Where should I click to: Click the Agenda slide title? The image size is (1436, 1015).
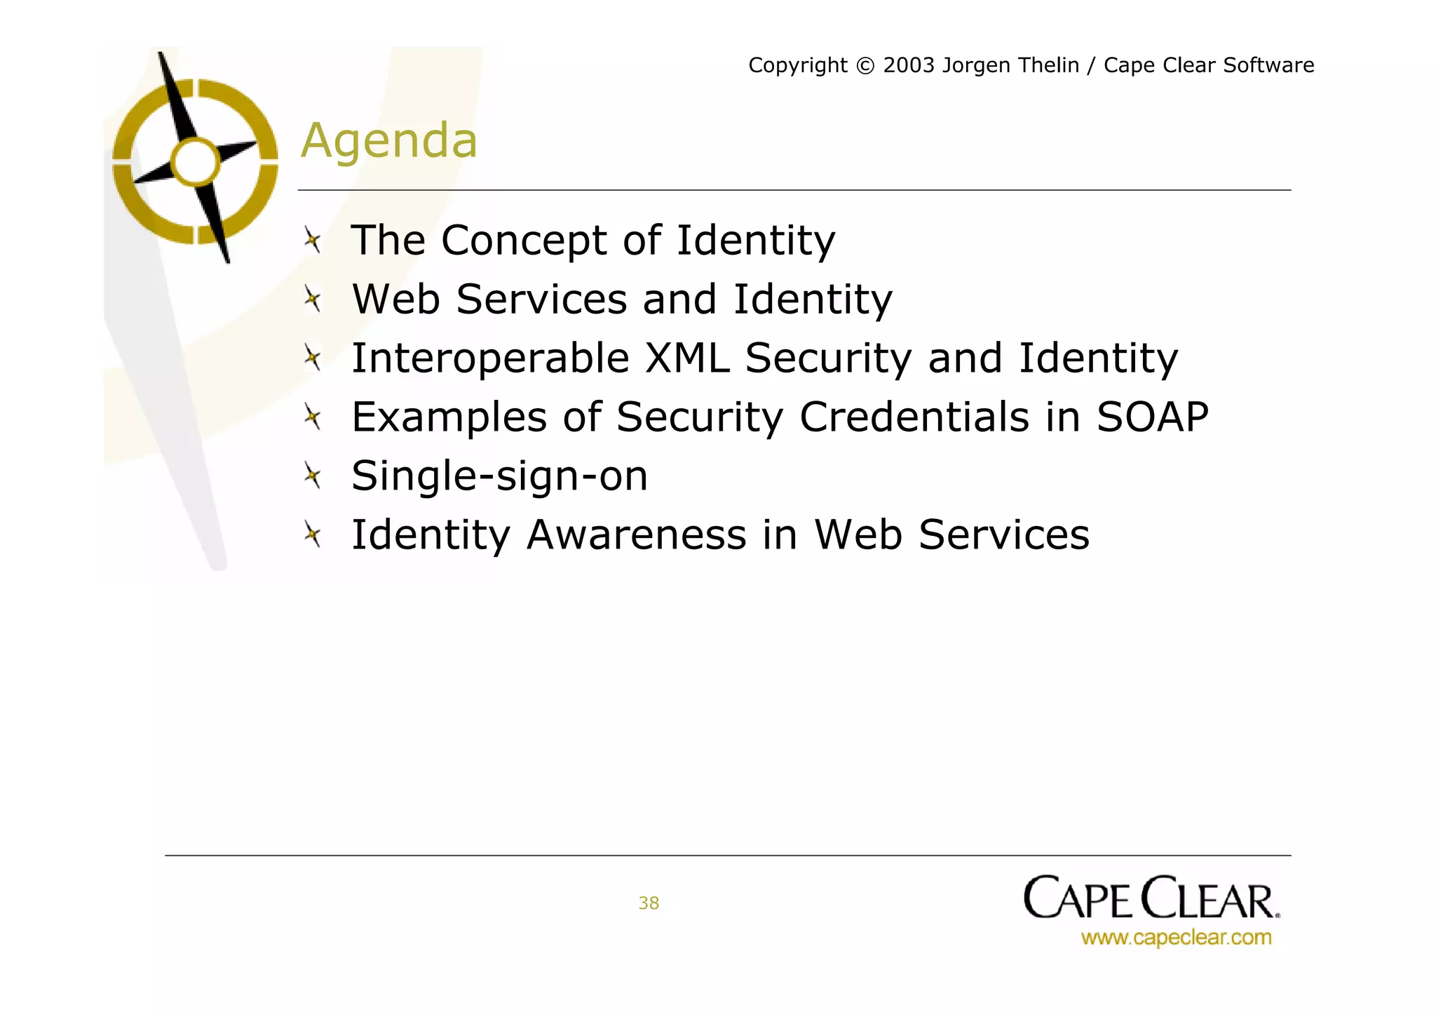click(389, 140)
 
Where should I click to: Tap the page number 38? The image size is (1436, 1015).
click(649, 903)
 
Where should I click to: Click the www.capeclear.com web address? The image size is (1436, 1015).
click(1176, 937)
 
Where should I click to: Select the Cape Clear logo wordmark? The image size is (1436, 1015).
click(1151, 898)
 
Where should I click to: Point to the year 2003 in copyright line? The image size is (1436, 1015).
click(909, 65)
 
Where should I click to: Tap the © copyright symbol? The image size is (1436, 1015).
click(866, 66)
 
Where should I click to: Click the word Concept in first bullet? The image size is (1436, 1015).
click(524, 241)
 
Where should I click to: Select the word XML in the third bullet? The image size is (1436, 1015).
click(686, 358)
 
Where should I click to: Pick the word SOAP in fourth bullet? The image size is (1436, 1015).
click(1152, 417)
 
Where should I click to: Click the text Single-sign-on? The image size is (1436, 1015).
click(499, 477)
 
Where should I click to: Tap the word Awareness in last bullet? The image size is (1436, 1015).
click(636, 535)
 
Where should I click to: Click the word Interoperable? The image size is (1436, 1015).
click(490, 358)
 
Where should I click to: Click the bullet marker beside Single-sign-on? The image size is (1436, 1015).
click(313, 476)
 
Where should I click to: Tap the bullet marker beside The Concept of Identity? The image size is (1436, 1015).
click(313, 241)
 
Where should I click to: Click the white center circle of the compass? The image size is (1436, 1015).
click(196, 162)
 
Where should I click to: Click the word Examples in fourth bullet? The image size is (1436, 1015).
click(449, 418)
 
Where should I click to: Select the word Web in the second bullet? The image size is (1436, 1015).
click(395, 300)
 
